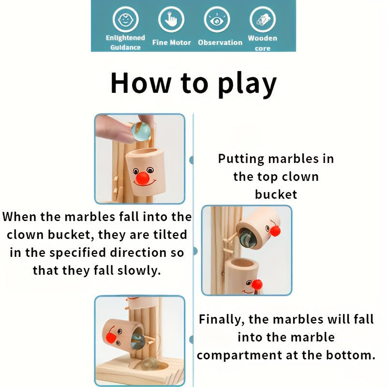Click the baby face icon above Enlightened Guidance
click(125, 19)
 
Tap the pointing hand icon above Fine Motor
click(171, 19)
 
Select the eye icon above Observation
click(217, 19)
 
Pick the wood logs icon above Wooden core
click(263, 19)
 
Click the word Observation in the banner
click(220, 43)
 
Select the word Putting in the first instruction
click(241, 159)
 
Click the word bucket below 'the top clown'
click(276, 194)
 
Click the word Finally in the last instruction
click(222, 319)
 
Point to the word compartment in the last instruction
click(239, 356)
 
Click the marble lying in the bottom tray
click(149, 364)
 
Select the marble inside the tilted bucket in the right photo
click(248, 238)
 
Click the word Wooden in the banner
click(263, 38)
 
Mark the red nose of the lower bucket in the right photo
click(257, 284)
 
